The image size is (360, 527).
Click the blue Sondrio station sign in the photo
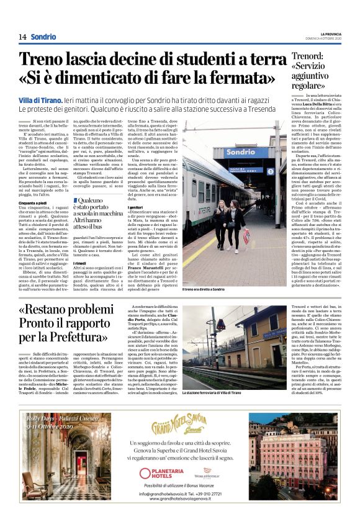[x=246, y=152]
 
